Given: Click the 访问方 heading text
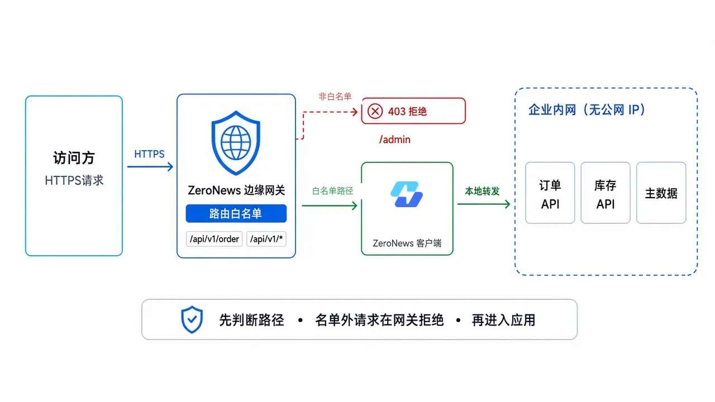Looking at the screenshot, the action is click(74, 158).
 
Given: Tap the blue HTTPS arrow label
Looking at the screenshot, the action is click(149, 154).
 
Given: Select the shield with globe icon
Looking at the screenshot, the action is click(236, 143).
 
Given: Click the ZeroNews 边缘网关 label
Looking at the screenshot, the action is click(236, 190).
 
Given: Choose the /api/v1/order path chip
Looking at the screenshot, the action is click(214, 239).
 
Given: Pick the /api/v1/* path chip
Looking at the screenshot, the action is click(266, 239).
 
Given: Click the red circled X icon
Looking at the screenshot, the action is click(375, 111).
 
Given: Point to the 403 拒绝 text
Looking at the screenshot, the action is click(407, 111).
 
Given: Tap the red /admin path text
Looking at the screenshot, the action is click(395, 140).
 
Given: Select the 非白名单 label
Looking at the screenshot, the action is click(335, 97).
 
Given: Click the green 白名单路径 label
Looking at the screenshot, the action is click(332, 191).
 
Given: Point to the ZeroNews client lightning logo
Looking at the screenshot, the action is click(407, 194).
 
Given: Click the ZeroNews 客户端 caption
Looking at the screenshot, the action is click(407, 243).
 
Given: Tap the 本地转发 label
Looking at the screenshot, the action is click(482, 191).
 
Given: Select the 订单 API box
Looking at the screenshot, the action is click(550, 193).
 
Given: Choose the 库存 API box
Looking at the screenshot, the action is click(606, 193).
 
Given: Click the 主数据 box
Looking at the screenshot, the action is click(661, 193).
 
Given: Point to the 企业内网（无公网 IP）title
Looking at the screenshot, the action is click(587, 110).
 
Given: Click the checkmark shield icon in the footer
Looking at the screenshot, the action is click(192, 320).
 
